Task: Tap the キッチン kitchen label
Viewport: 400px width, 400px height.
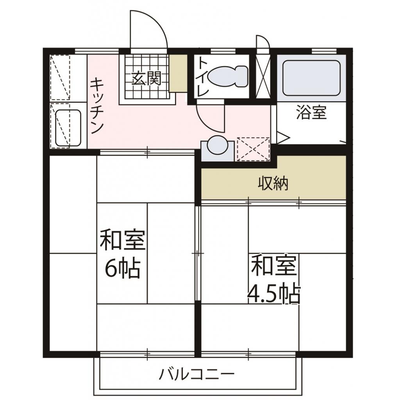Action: coord(96,106)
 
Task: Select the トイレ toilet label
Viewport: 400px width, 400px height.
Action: coord(202,77)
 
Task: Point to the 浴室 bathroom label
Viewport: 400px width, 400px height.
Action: coord(311,113)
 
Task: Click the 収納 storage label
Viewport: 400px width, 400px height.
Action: coord(273,183)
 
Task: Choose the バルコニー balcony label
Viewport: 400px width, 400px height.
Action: coord(196,375)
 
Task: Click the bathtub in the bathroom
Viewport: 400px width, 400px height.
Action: coord(311,78)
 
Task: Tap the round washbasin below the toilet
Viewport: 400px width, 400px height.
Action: coord(217,145)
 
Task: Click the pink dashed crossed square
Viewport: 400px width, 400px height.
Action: coord(254,149)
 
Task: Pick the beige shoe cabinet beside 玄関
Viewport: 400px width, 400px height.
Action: coord(178,73)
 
